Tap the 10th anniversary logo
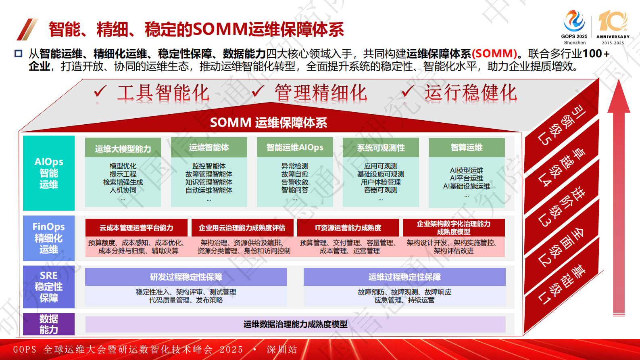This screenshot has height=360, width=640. coord(613,27)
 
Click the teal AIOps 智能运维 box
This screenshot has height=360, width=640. coord(49,173)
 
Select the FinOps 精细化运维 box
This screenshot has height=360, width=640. coord(49,238)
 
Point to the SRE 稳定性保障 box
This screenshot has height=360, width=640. coord(49,287)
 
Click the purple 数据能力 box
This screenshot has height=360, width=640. coord(49,324)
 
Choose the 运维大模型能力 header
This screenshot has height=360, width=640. coord(123,149)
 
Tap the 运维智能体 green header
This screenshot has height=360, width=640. coord(209,148)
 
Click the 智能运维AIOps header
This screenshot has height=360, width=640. coord(295,148)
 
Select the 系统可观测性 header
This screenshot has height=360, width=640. coord(381,148)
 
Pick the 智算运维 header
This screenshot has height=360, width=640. coord(467,148)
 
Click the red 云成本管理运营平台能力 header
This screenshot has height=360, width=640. coord(136,228)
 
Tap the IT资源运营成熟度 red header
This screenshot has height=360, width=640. coord(348,228)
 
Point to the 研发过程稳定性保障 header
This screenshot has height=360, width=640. coord(186,277)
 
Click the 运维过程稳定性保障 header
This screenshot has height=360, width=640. coord(404,277)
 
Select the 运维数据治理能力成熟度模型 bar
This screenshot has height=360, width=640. coord(295,324)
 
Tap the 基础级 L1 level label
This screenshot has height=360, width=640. coord(562,285)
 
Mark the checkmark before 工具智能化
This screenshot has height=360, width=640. coord(100,92)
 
